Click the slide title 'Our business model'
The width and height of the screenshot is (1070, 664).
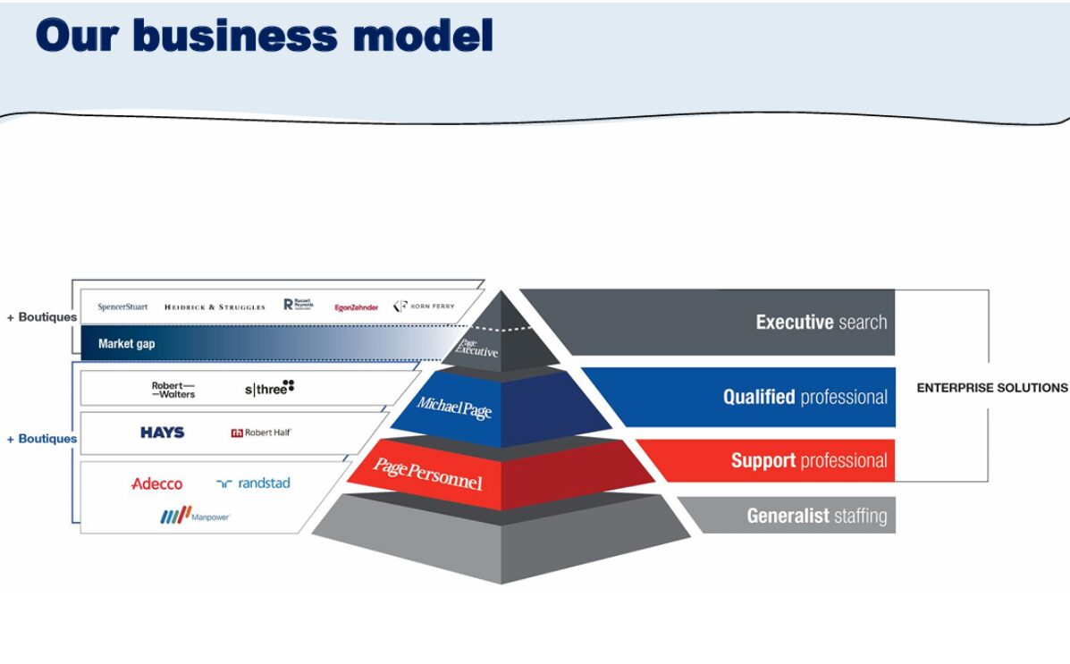265,36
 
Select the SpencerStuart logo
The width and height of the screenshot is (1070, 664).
122,307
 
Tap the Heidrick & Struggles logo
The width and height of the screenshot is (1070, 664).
215,307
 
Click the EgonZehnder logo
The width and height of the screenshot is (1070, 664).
356,307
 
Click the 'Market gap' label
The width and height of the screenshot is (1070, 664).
126,343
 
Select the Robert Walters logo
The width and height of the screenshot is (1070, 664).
173,390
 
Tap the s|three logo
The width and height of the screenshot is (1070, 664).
269,388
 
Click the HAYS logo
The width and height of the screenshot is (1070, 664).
163,433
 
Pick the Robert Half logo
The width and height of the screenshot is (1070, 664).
261,433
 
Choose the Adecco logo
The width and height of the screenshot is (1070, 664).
156,483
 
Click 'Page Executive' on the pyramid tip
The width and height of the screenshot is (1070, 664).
476,348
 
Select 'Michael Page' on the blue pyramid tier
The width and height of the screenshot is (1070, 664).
454,408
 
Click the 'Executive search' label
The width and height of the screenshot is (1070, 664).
821,322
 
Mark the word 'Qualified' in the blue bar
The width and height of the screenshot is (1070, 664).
759,397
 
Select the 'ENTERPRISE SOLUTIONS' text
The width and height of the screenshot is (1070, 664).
991,388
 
